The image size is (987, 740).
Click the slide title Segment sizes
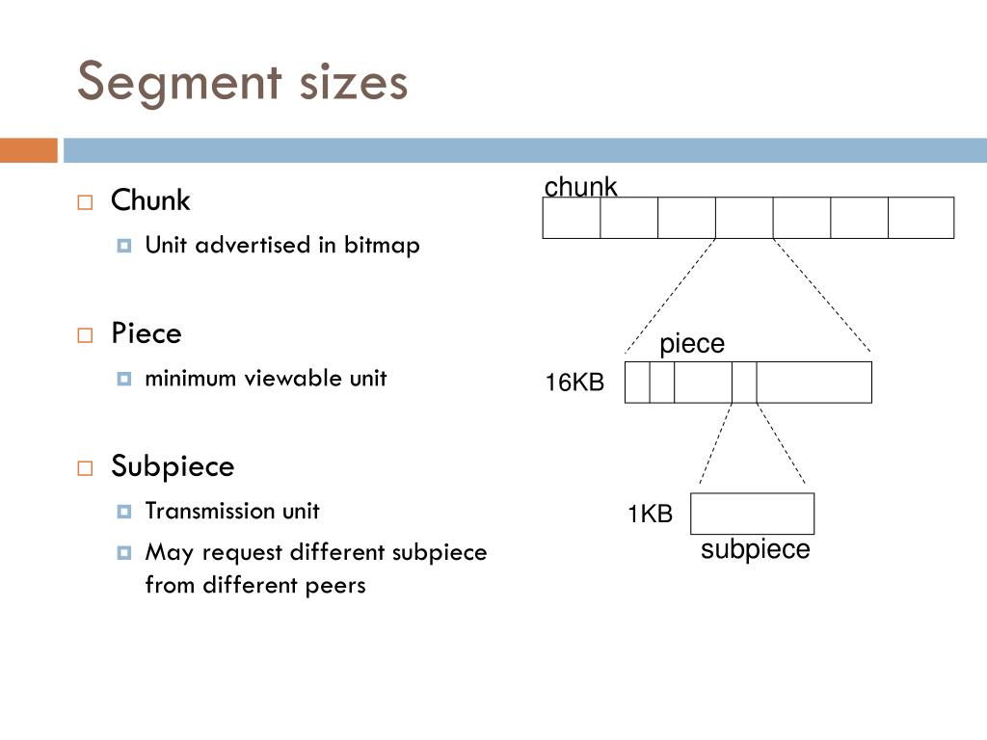(x=242, y=82)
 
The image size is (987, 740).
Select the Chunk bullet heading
(x=150, y=200)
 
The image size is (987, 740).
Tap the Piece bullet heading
(x=146, y=333)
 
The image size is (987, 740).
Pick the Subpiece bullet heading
(x=173, y=466)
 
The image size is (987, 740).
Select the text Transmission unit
(x=231, y=511)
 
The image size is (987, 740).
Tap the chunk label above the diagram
(x=580, y=186)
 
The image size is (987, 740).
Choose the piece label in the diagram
(x=691, y=344)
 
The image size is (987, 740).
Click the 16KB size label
(x=574, y=383)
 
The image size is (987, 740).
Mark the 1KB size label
(x=650, y=515)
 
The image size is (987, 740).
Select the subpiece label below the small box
(x=755, y=549)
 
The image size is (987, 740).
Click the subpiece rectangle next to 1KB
(x=752, y=514)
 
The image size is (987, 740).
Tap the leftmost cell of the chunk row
(x=572, y=217)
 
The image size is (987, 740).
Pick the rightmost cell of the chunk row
(x=920, y=217)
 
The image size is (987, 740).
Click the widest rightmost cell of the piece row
(x=814, y=383)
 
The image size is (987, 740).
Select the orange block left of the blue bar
(x=28, y=150)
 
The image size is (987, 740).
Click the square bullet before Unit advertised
(x=123, y=246)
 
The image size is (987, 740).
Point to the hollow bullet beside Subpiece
(x=85, y=468)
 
